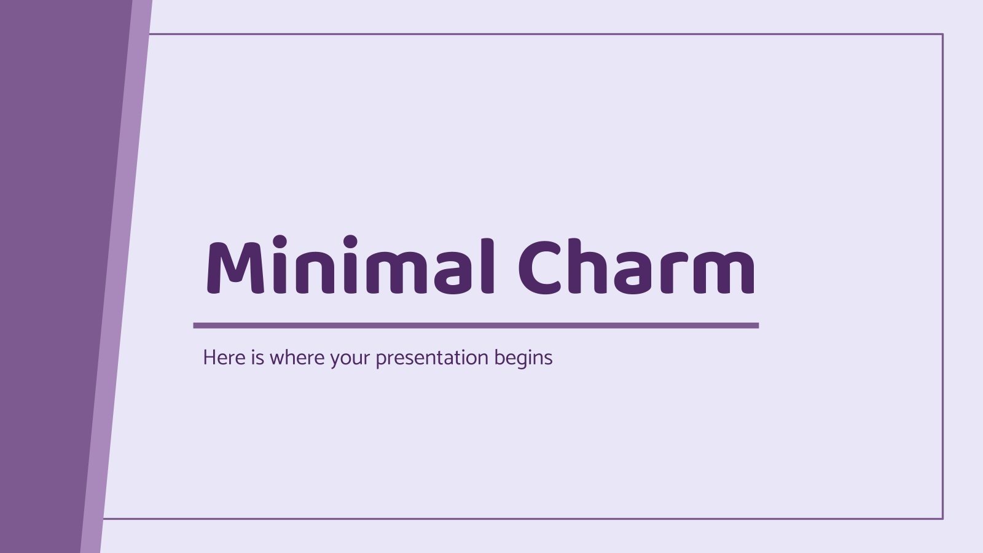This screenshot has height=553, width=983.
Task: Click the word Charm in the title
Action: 636,265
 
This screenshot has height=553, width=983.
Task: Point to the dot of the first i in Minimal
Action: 280,240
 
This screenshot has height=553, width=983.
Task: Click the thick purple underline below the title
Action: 476,326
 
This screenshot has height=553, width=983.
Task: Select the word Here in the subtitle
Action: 224,358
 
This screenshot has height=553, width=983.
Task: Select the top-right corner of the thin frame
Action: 942,34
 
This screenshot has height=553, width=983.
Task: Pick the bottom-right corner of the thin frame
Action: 942,519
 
